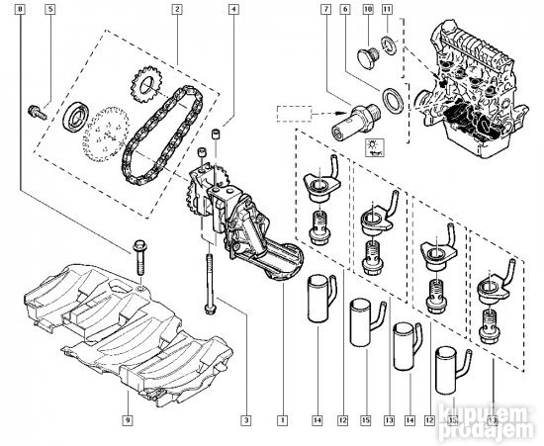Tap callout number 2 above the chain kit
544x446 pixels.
click(176, 9)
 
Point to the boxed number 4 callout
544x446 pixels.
click(232, 9)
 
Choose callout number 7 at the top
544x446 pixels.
click(323, 9)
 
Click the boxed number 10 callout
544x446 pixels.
click(367, 9)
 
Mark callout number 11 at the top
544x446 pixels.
click(387, 9)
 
